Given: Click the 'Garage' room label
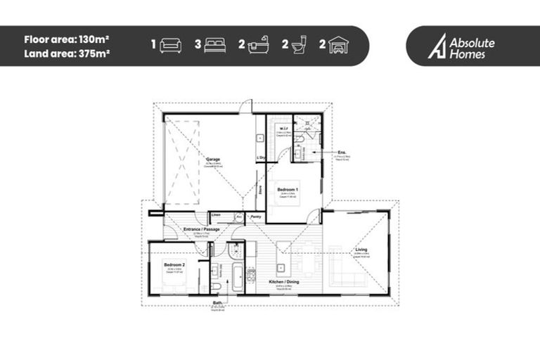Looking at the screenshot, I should (x=213, y=160).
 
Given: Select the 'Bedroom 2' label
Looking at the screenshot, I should (x=174, y=264).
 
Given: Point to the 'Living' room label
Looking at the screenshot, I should (x=361, y=249).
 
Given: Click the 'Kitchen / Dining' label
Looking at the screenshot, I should (x=285, y=282).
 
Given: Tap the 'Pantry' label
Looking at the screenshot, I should (x=257, y=217).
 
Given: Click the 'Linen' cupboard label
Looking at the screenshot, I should (x=217, y=214).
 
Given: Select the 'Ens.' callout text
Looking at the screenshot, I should (x=342, y=151).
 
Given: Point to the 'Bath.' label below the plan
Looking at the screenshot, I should (x=218, y=304).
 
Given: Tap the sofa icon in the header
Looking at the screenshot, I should (x=171, y=46).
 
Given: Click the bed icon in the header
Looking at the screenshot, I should (x=215, y=46).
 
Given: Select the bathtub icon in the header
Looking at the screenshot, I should (x=259, y=46).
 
